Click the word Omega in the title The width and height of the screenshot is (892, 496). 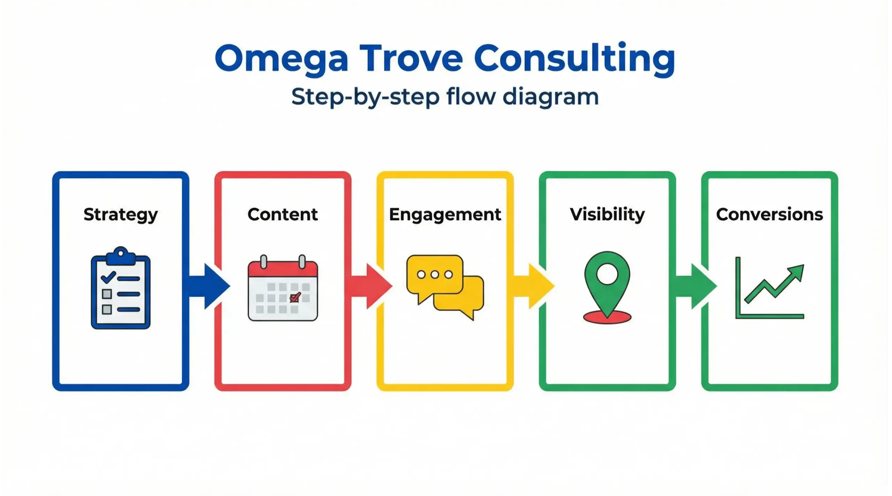(282, 58)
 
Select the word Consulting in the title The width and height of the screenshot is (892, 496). (574, 58)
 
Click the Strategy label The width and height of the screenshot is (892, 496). (121, 215)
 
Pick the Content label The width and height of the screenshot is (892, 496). (283, 214)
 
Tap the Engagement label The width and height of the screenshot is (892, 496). (445, 215)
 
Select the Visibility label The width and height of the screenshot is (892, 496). (607, 214)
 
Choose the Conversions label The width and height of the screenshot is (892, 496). (769, 214)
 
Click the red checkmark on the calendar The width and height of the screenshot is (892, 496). (295, 297)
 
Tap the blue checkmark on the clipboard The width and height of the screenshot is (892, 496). (108, 277)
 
